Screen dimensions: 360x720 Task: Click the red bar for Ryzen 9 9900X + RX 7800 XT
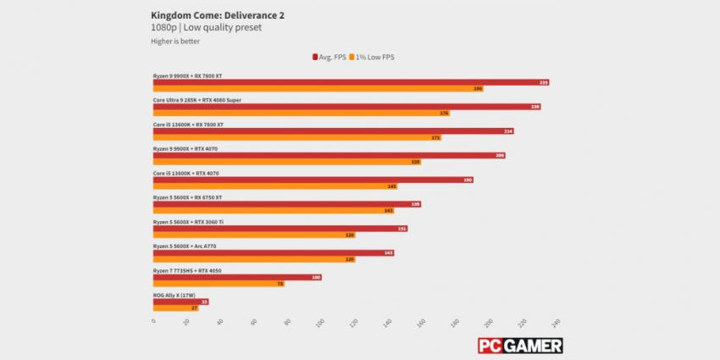tap(351, 82)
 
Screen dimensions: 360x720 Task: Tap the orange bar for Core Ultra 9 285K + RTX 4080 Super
tap(301, 113)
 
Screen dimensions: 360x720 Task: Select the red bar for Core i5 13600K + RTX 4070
tap(313, 180)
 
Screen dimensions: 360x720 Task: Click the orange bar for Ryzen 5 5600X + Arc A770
tap(254, 259)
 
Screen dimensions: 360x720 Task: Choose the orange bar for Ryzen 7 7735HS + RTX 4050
tap(219, 284)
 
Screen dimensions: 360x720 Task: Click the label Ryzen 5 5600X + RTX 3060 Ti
tap(188, 222)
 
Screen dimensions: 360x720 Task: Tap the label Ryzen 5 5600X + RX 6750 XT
tap(187, 197)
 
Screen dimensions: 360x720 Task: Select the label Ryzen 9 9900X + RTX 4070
tap(186, 149)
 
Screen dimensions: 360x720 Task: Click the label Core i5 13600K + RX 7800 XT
tap(188, 125)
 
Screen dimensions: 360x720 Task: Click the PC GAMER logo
tap(519, 346)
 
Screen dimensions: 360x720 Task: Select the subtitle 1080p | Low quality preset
tap(207, 27)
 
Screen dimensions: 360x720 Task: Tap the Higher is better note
tap(174, 41)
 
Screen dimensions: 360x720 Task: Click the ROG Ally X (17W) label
tap(174, 295)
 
